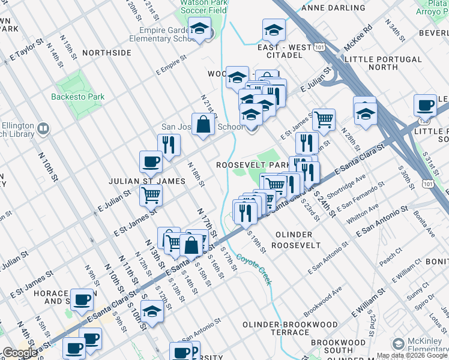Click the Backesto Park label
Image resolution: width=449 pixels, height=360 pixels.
[77, 97]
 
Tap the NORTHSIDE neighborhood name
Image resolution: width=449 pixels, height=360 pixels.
[107, 53]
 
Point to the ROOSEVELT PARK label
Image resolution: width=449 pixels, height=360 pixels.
[253, 164]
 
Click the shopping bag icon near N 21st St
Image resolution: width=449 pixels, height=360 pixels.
[203, 124]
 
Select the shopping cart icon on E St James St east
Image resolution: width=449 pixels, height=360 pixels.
[324, 119]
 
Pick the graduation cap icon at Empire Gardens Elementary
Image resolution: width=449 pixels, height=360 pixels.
[199, 28]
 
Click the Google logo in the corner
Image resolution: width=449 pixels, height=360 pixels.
[20, 353]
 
